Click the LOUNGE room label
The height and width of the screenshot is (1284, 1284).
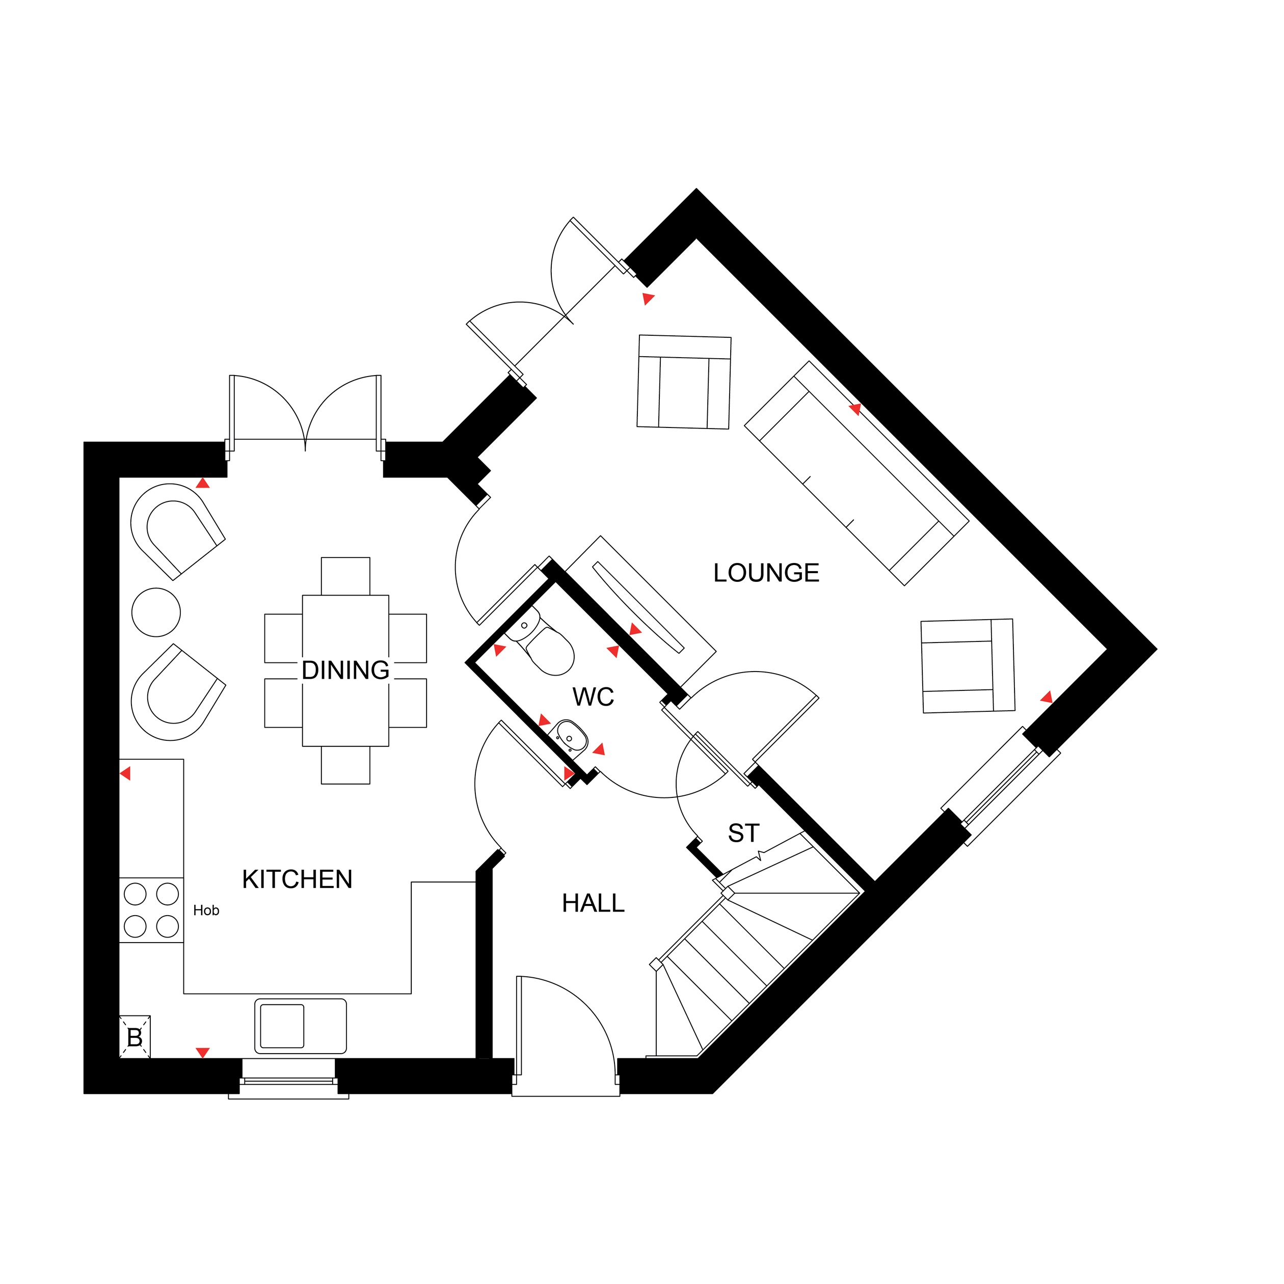click(x=766, y=573)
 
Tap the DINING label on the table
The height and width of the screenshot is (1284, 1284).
click(x=345, y=670)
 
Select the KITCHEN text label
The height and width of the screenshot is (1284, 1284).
click(x=297, y=879)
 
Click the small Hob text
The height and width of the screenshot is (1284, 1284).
click(x=206, y=911)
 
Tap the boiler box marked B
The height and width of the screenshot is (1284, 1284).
click(x=135, y=1037)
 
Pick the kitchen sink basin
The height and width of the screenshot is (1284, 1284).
click(x=301, y=1026)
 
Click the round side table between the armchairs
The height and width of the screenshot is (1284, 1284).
click(x=156, y=612)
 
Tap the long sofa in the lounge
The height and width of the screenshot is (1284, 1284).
click(x=856, y=473)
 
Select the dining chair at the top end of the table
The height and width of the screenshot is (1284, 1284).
click(x=345, y=576)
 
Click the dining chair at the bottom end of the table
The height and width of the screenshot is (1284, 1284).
click(x=345, y=765)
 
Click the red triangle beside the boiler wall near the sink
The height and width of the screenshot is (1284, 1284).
click(x=203, y=1053)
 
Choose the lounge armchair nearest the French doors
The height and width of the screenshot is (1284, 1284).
click(x=684, y=382)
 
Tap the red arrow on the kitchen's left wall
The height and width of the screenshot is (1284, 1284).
click(x=125, y=773)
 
